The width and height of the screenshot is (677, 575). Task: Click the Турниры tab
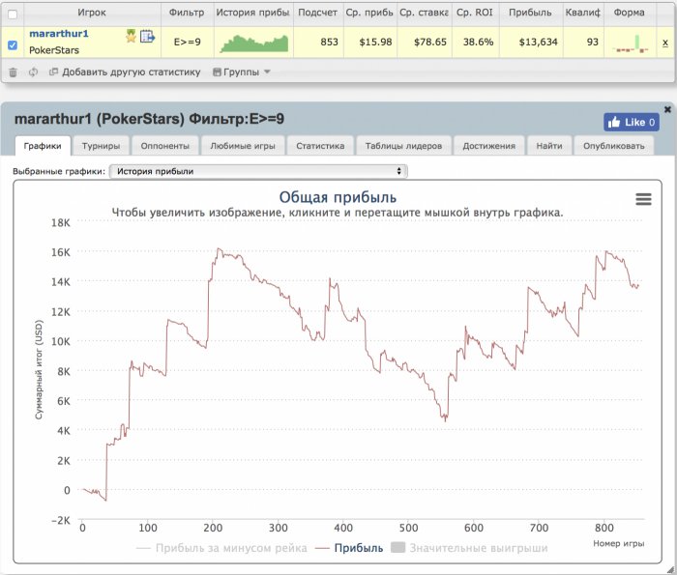pyautogui.click(x=102, y=146)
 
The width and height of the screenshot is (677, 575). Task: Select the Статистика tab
pyautogui.click(x=320, y=146)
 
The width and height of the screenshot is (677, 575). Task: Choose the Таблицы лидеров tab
pyautogui.click(x=403, y=146)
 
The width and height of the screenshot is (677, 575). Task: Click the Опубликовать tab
pyautogui.click(x=614, y=146)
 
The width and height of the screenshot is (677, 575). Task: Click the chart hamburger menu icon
pyautogui.click(x=643, y=199)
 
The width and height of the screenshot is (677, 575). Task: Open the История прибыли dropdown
pyautogui.click(x=258, y=171)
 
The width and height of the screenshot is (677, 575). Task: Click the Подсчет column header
pyautogui.click(x=318, y=13)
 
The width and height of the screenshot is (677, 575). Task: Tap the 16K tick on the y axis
pyautogui.click(x=60, y=252)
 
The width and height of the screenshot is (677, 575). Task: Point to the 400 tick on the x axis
pyautogui.click(x=342, y=528)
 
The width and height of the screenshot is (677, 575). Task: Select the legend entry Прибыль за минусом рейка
pyautogui.click(x=221, y=548)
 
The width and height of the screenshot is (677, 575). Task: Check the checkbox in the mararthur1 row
pyautogui.click(x=12, y=43)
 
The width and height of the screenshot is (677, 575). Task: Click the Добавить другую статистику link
pyautogui.click(x=131, y=72)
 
